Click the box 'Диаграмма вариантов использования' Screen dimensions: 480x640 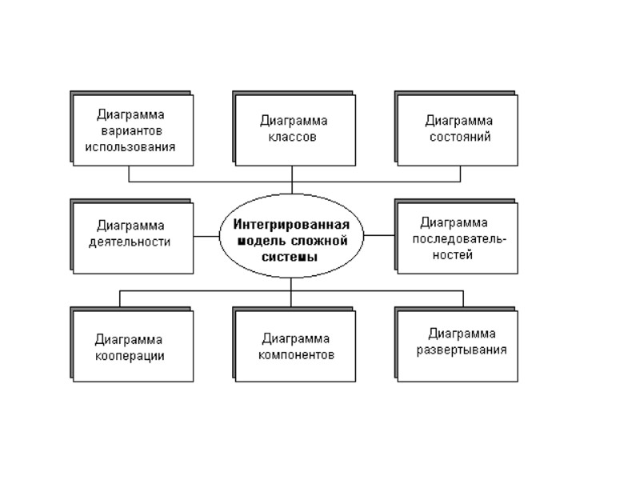[133, 130]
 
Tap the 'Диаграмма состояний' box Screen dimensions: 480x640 [457, 130]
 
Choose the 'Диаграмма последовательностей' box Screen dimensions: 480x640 [457, 238]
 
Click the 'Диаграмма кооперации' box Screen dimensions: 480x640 [133, 346]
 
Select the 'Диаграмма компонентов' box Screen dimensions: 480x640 [294, 346]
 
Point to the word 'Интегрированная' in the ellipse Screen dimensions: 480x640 [292, 223]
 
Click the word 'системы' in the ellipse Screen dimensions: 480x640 [292, 257]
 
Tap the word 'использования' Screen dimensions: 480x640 [131, 147]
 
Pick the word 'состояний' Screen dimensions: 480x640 [458, 137]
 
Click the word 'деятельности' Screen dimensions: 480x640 [131, 242]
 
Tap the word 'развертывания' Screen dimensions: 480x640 [462, 350]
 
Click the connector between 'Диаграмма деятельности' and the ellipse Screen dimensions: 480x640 [206, 236]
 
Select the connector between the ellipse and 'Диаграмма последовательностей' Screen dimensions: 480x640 [380, 236]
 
